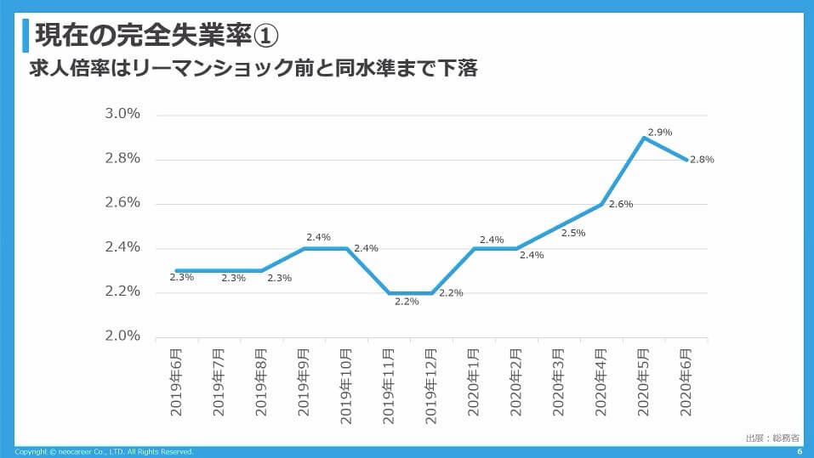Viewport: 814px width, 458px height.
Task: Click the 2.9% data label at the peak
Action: click(659, 132)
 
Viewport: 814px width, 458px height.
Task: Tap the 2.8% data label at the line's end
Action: click(702, 159)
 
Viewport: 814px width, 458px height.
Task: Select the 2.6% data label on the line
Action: click(621, 204)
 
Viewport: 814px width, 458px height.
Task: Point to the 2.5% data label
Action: click(573, 233)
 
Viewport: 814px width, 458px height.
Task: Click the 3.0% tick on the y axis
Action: click(123, 114)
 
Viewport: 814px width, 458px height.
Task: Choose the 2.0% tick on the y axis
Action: click(123, 336)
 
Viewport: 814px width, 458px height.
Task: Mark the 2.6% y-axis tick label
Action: click(123, 203)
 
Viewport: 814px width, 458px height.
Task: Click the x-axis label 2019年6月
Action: click(176, 382)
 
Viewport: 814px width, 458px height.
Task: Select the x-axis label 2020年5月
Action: click(644, 382)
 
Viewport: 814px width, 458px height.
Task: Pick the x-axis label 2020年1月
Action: click(474, 382)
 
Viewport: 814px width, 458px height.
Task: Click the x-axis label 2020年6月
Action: click(686, 382)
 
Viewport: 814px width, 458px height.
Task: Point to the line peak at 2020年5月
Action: click(644, 138)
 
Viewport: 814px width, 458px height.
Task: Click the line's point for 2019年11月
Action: click(389, 292)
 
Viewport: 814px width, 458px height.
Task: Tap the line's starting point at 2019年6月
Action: click(177, 270)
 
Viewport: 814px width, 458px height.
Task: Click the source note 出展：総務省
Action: click(771, 438)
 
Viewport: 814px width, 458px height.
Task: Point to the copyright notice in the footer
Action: click(105, 451)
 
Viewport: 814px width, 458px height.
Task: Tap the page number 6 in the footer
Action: click(800, 451)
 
